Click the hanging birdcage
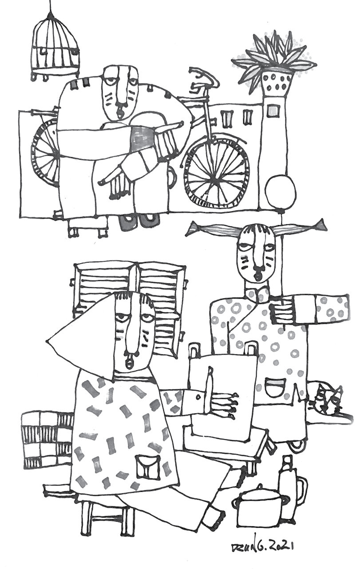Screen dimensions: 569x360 (55, 47)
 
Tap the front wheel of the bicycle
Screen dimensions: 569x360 (216, 173)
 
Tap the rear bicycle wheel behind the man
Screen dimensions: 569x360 (44, 153)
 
